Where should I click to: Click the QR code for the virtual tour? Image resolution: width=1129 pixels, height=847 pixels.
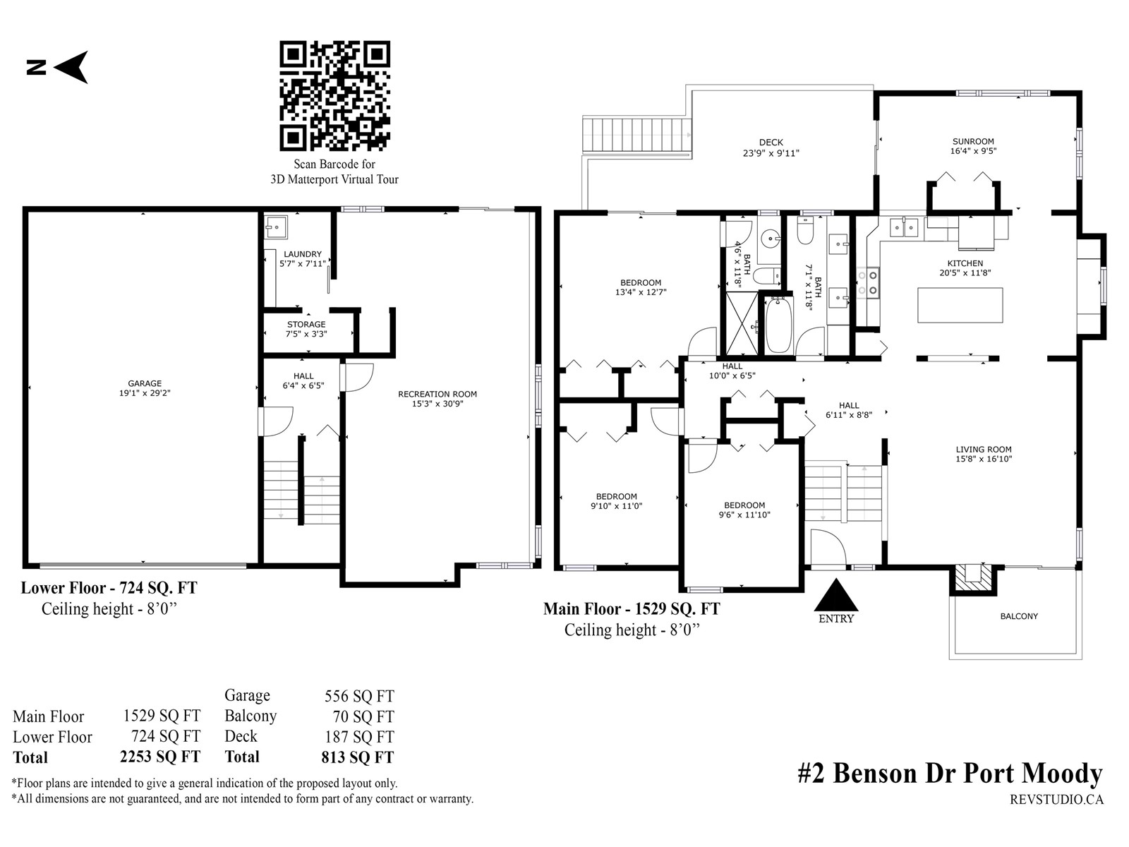(x=334, y=96)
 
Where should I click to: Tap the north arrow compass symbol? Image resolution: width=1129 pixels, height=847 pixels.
(x=58, y=67)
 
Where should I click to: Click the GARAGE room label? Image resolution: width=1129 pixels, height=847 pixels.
(x=145, y=384)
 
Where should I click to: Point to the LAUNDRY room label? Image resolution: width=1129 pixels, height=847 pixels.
(x=303, y=254)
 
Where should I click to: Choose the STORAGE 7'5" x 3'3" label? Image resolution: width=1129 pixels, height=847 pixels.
(x=306, y=329)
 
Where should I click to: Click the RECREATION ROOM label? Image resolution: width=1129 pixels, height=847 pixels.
(x=437, y=395)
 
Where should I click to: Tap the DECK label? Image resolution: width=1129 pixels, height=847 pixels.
(x=771, y=143)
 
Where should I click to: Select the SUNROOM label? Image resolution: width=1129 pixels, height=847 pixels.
(x=973, y=141)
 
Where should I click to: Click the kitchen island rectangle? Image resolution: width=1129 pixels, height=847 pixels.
(x=960, y=305)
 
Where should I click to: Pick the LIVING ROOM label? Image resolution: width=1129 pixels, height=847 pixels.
(x=984, y=450)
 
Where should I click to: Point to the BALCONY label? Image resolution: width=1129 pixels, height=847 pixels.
(x=1019, y=616)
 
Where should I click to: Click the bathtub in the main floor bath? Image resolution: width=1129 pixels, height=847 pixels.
(x=778, y=325)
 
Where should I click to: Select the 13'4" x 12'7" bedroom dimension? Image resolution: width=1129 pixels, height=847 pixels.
(x=641, y=292)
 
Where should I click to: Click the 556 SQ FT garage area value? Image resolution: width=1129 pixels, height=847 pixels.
(x=359, y=697)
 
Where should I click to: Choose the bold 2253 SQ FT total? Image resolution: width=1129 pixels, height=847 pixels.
(x=160, y=757)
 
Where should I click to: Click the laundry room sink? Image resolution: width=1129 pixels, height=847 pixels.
(x=276, y=227)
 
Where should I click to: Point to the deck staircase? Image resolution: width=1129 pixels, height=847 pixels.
(x=636, y=136)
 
